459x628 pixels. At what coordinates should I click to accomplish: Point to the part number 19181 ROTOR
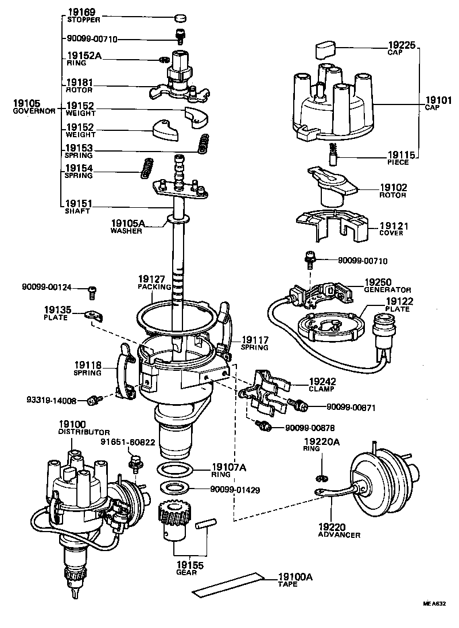click(80, 86)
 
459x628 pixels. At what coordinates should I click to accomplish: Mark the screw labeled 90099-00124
click(91, 293)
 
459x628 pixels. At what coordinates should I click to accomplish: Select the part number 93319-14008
click(51, 400)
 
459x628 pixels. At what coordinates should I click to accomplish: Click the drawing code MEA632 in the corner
click(434, 604)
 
